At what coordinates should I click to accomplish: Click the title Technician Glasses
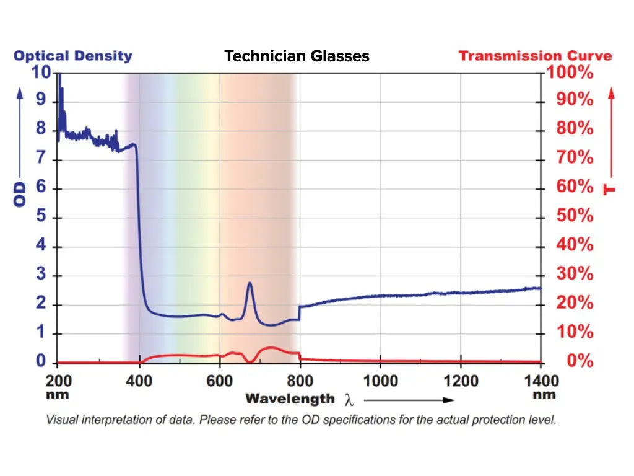[x=297, y=56]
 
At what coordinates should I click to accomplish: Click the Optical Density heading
[x=73, y=56]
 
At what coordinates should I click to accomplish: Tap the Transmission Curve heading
[x=535, y=56]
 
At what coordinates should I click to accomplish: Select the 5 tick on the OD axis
[x=40, y=218]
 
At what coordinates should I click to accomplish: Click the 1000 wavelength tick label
[x=380, y=381]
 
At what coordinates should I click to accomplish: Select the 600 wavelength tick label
[x=219, y=381]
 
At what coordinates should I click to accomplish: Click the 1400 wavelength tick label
[x=540, y=381]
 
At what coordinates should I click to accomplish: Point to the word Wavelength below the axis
[x=290, y=399]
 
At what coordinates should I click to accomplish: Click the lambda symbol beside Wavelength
[x=349, y=400]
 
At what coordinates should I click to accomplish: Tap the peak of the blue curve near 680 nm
[x=250, y=283]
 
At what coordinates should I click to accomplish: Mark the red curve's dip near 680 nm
[x=250, y=360]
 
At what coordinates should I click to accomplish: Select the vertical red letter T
[x=610, y=188]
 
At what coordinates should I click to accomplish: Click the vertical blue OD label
[x=20, y=194]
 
